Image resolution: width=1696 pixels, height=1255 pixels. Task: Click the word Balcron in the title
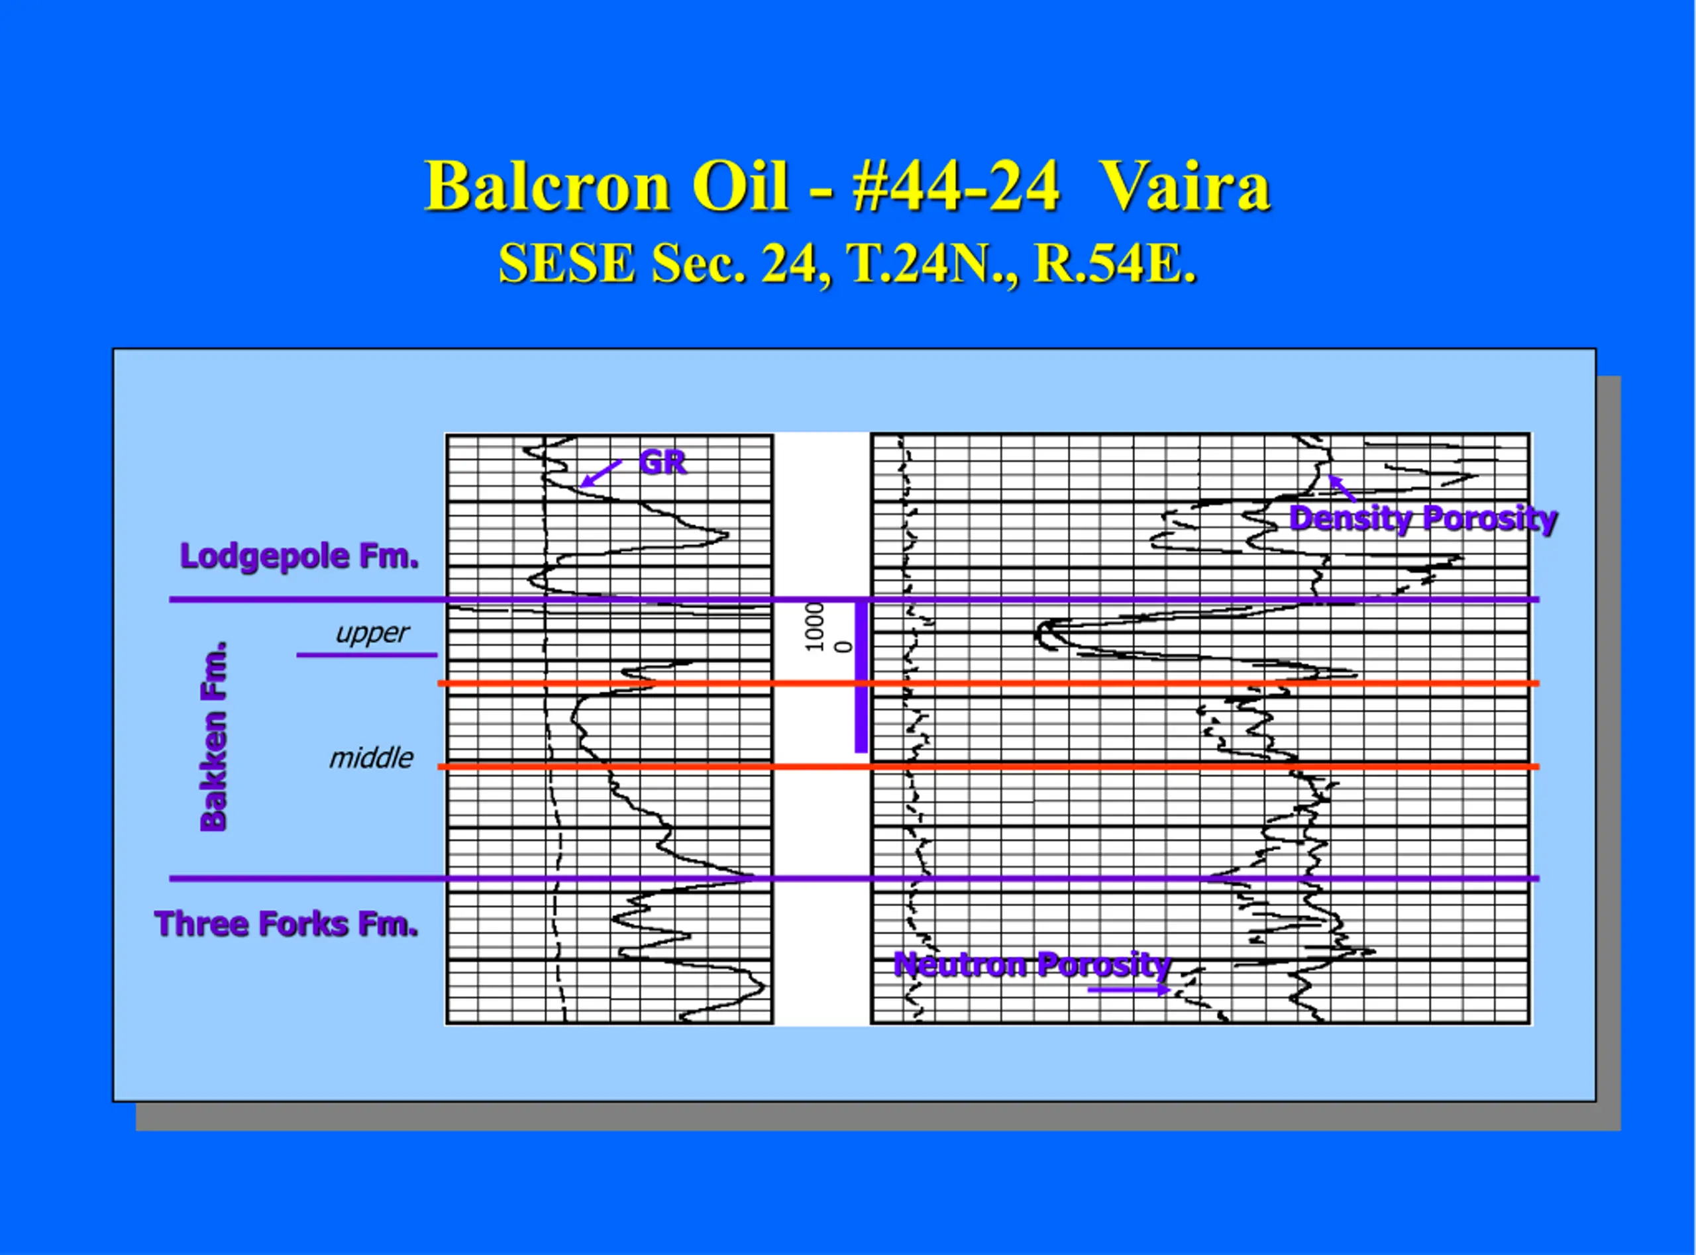547,186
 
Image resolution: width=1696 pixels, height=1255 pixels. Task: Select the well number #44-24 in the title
956,186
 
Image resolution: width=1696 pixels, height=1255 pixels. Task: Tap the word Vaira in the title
1185,186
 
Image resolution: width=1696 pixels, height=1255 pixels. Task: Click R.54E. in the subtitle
1116,264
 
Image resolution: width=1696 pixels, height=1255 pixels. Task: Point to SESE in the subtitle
567,264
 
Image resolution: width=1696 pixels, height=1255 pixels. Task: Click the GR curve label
662,462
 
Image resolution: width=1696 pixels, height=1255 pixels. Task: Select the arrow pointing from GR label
601,474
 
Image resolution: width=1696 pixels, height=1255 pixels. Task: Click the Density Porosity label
1423,519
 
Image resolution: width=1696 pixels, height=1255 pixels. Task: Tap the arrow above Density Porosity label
1342,489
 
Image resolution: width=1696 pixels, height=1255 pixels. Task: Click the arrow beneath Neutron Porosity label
1129,990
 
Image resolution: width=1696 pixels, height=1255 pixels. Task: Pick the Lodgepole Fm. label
299,557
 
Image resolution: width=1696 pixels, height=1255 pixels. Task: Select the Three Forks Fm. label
286,925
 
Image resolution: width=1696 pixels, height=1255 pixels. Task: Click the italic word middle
371,758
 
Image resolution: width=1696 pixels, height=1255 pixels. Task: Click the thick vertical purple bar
861,676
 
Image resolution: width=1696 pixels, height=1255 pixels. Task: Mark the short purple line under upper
367,655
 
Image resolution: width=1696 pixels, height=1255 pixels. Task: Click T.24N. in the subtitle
933,264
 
